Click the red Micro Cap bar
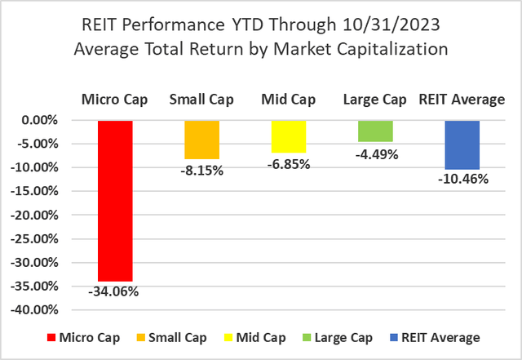pyautogui.click(x=115, y=200)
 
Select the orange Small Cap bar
pyautogui.click(x=201, y=140)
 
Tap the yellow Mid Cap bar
pyautogui.click(x=289, y=136)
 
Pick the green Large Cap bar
pyautogui.click(x=375, y=131)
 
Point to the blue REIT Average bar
pyautogui.click(x=462, y=144)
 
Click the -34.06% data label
pyautogui.click(x=115, y=291)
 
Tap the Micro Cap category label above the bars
pyautogui.click(x=115, y=100)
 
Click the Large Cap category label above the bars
pyautogui.click(x=375, y=100)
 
